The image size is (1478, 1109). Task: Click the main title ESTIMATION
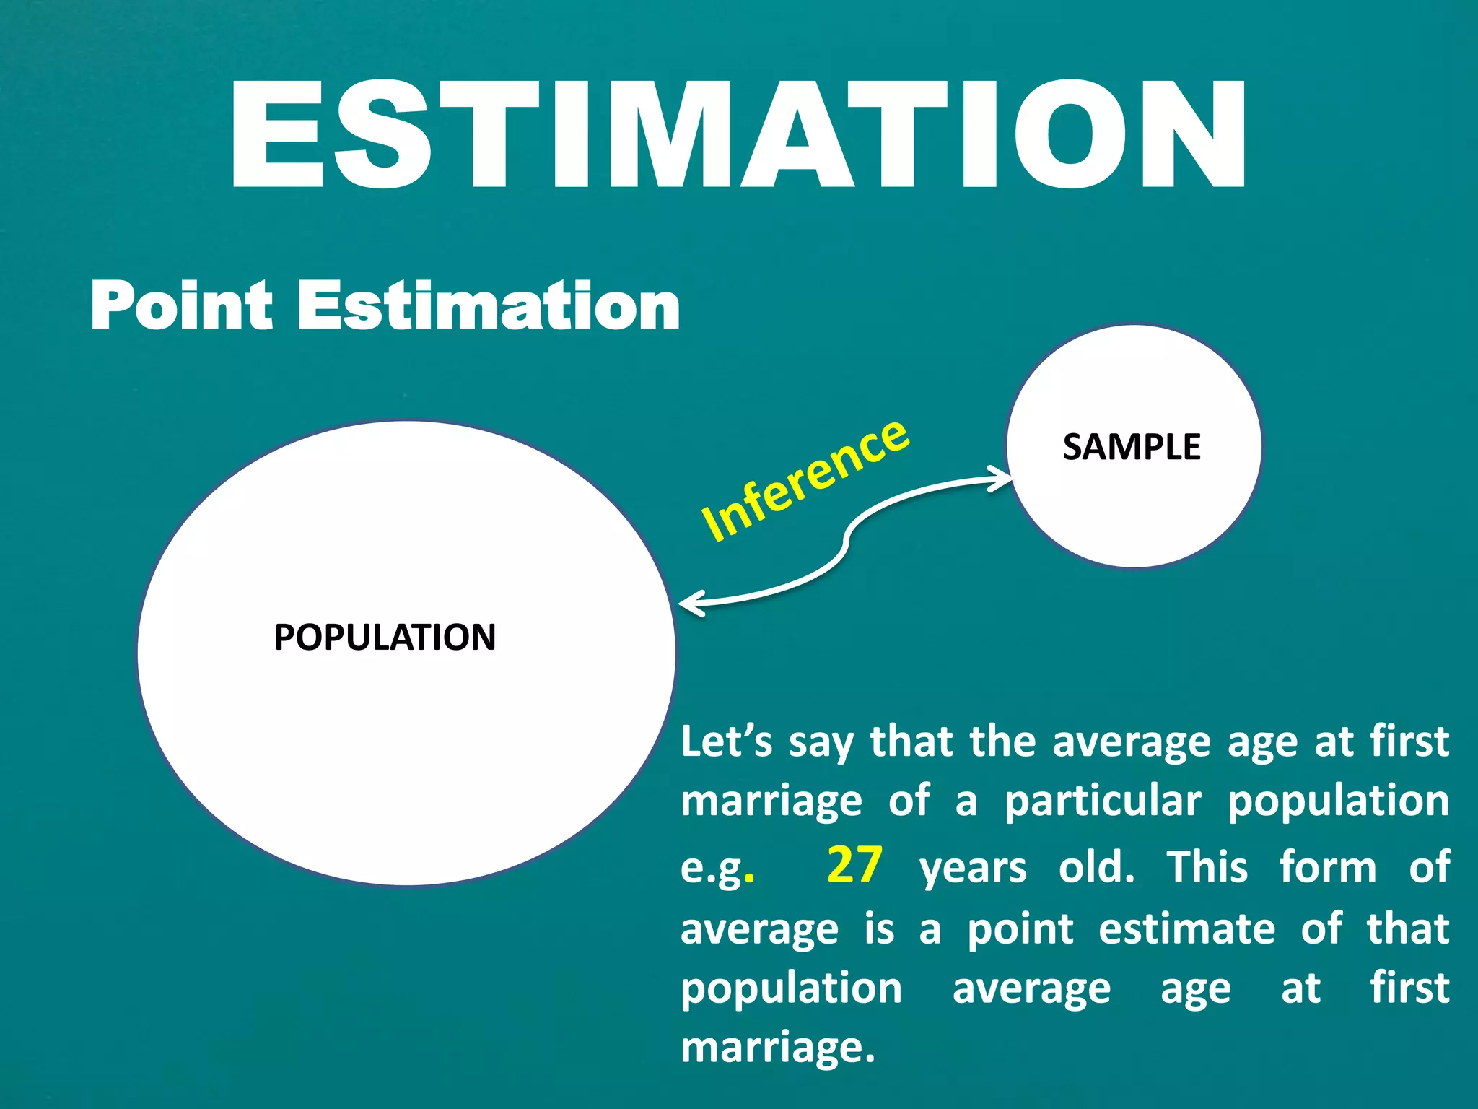[738, 135]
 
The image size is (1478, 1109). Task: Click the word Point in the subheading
[180, 306]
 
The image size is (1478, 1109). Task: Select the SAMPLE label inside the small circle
[1132, 447]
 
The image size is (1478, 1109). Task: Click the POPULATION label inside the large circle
[385, 638]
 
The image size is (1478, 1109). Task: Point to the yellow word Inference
[805, 480]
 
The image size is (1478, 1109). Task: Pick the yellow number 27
[854, 865]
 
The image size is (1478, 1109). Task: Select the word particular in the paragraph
[1103, 802]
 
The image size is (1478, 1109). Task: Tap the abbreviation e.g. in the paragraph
[717, 869]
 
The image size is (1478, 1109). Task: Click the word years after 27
[973, 869]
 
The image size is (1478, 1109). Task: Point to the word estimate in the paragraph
[1186, 929]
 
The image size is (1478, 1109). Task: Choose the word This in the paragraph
[1207, 866]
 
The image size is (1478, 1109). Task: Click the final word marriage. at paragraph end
[777, 1048]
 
